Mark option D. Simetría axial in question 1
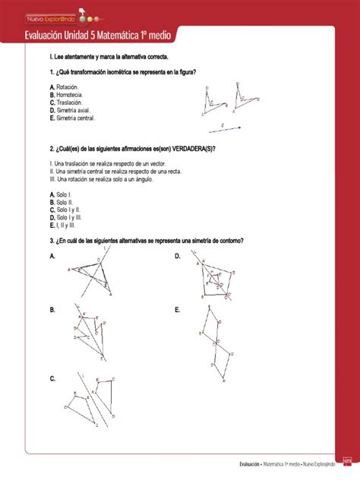click(70, 110)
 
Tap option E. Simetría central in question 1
click(72, 118)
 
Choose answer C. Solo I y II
click(64, 210)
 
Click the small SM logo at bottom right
click(347, 460)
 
